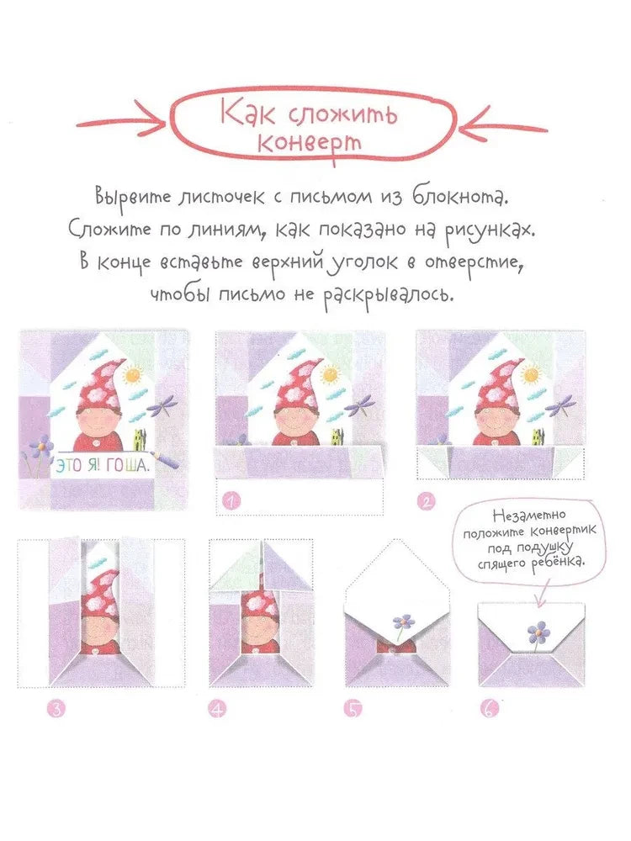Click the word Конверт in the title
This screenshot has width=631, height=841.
click(310, 141)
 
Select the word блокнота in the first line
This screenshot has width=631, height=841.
click(461, 198)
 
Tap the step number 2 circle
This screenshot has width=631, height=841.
click(428, 503)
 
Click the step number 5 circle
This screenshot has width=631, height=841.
click(353, 708)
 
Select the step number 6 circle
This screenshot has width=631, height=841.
click(489, 708)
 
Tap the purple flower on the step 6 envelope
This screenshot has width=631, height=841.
click(537, 630)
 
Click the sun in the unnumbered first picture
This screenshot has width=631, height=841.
click(134, 373)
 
